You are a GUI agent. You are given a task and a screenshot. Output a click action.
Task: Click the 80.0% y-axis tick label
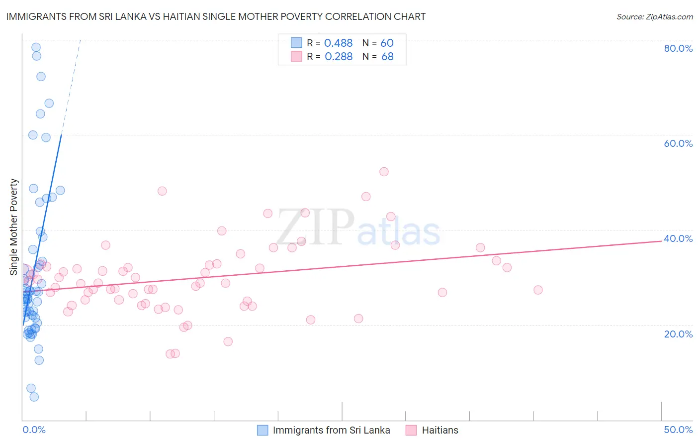click(678, 48)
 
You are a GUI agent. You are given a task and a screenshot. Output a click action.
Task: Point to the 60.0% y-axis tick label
click(678, 143)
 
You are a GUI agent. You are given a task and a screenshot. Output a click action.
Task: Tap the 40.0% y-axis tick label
click(678, 238)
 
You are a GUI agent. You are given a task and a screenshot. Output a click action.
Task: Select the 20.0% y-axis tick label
click(678, 334)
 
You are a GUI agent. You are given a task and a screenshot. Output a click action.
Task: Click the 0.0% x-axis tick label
click(34, 430)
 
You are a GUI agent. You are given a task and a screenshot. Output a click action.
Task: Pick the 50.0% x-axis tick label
click(678, 430)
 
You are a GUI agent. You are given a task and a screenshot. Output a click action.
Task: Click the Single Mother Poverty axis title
click(14, 227)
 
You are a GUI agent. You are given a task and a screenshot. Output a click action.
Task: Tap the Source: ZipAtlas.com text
click(654, 17)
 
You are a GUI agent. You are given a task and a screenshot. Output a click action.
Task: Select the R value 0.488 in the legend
click(338, 43)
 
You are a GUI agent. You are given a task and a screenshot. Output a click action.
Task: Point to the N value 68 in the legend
click(387, 57)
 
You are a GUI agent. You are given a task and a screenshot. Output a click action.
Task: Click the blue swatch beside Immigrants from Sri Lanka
click(262, 430)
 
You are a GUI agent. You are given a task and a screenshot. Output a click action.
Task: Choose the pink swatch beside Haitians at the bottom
click(411, 430)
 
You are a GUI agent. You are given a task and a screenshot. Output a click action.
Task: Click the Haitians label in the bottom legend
click(440, 430)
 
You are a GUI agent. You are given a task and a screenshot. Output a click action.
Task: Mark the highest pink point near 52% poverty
click(384, 172)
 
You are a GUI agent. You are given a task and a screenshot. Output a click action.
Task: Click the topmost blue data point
click(36, 47)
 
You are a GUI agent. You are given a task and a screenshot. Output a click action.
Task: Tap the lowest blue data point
click(34, 397)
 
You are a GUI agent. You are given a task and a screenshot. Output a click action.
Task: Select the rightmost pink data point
click(538, 290)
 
